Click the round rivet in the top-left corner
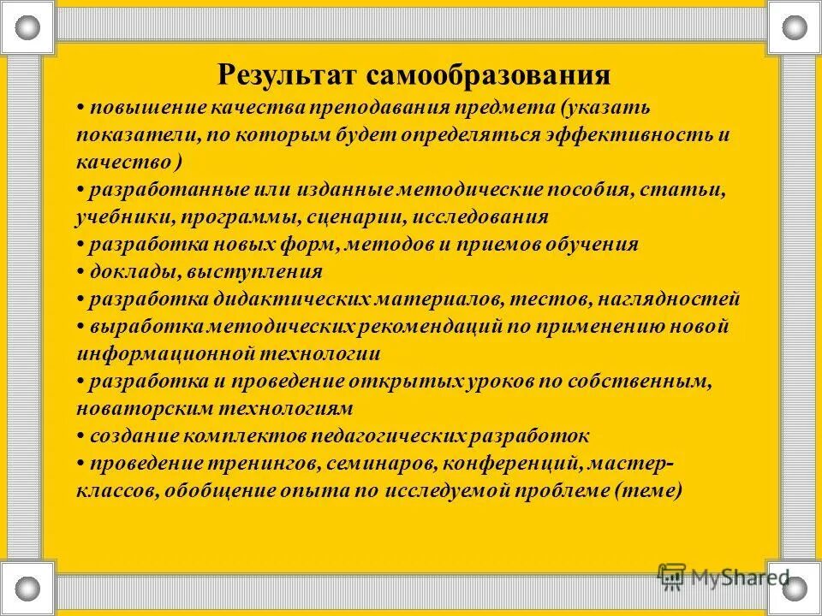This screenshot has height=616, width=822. tap(28, 28)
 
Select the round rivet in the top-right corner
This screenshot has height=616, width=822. tap(795, 28)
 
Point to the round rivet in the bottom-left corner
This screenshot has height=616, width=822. tap(28, 588)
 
